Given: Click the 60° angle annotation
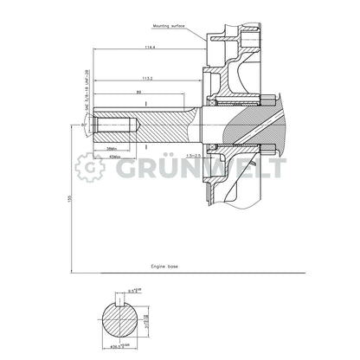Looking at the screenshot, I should [x=83, y=125].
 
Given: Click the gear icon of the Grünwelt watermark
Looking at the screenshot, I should [x=90, y=169].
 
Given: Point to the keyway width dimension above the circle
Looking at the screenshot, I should [x=124, y=292].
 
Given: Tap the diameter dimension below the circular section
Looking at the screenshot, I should [x=125, y=347].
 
